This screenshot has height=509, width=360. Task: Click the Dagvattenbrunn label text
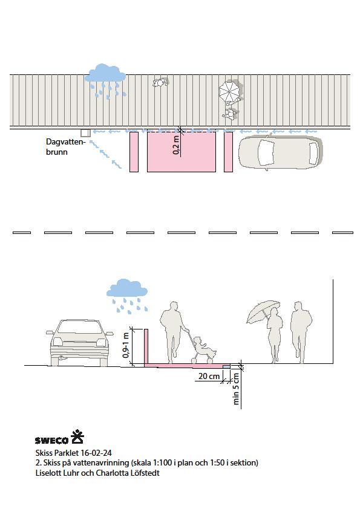pyautogui.click(x=65, y=147)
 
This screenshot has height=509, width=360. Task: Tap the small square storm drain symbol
pyautogui.click(x=85, y=133)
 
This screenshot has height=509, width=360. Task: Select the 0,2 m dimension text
pyautogui.click(x=176, y=144)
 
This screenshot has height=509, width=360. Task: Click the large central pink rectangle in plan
pyautogui.click(x=182, y=152)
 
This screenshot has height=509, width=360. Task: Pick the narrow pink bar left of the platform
pyautogui.click(x=134, y=152)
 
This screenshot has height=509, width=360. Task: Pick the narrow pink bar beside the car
pyautogui.click(x=229, y=152)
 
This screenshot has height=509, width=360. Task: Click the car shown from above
pyautogui.click(x=281, y=152)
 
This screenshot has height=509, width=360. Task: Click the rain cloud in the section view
pyautogui.click(x=126, y=288)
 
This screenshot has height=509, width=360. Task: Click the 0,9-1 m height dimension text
pyautogui.click(x=126, y=345)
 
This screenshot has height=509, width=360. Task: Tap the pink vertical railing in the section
pyautogui.click(x=146, y=348)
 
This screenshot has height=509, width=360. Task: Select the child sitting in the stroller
pyautogui.click(x=204, y=349)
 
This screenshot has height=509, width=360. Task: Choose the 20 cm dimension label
pyautogui.click(x=209, y=376)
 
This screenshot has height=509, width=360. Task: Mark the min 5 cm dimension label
pyautogui.click(x=236, y=389)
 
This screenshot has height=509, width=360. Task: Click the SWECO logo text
pyautogui.click(x=51, y=440)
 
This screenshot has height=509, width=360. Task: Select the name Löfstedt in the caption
pyautogui.click(x=143, y=473)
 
